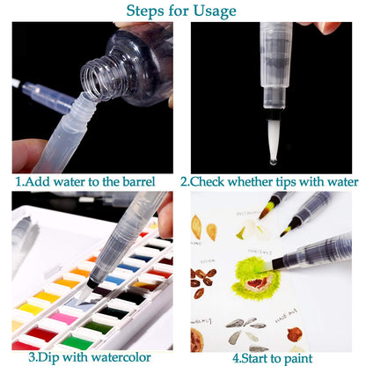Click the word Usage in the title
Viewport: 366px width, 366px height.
215,11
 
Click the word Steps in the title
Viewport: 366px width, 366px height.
145,11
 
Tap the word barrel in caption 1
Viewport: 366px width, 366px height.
139,182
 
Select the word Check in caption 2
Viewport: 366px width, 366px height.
208,181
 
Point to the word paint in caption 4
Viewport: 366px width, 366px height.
297,359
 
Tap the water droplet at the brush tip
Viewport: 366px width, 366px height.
273,161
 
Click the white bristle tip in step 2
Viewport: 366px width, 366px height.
274,140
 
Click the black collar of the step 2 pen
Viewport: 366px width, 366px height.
274,114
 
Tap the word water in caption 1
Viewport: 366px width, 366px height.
70,182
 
